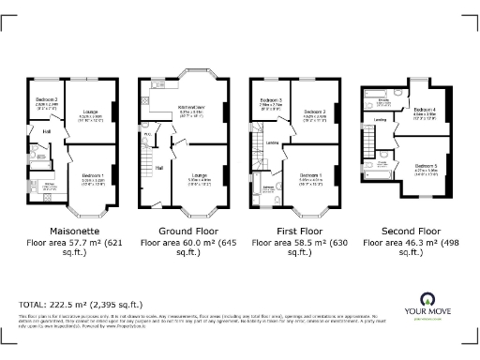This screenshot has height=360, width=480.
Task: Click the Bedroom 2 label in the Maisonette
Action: click(x=47, y=98)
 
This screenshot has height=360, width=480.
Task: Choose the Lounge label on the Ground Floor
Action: click(x=199, y=175)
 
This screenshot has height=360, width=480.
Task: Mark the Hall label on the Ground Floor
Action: click(x=158, y=167)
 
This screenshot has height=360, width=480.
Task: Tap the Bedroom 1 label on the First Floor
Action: click(x=311, y=174)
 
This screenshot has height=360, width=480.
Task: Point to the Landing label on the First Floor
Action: click(x=272, y=142)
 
